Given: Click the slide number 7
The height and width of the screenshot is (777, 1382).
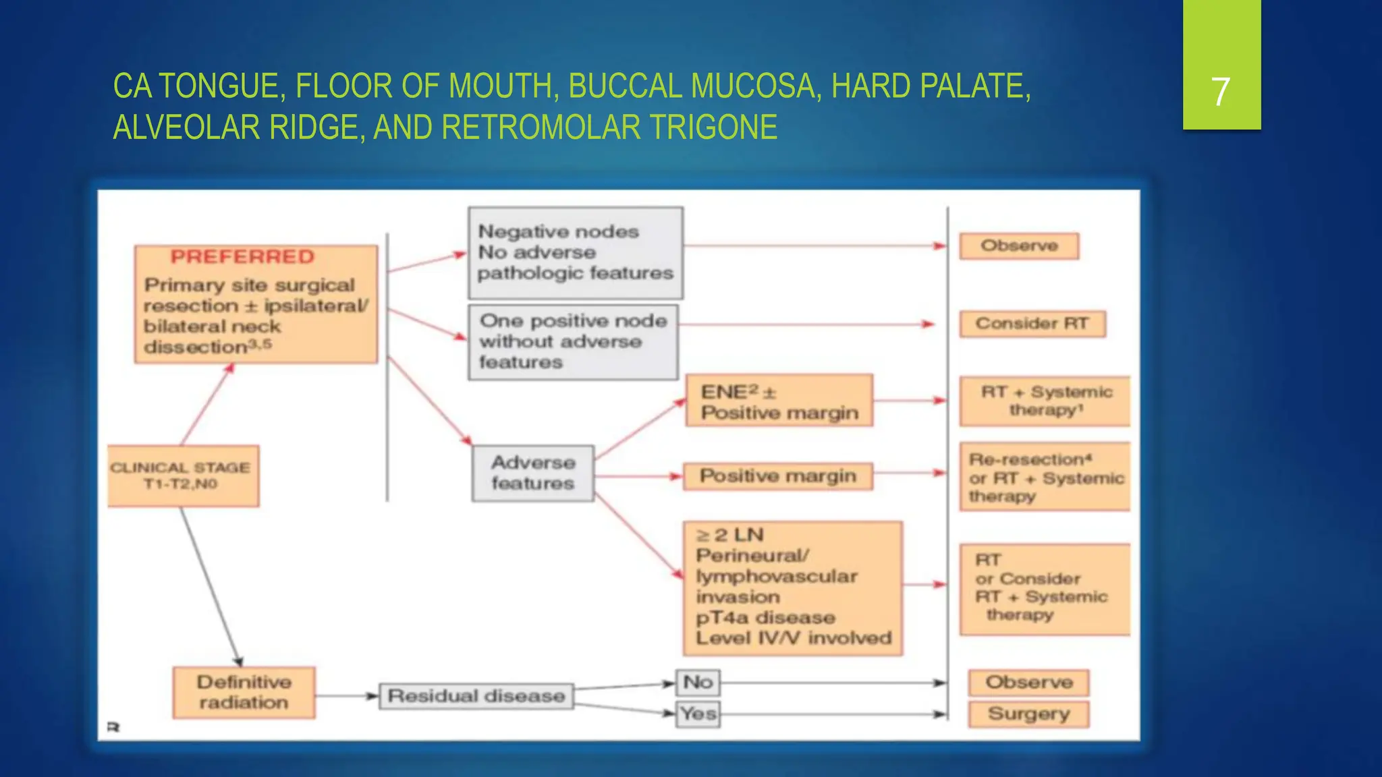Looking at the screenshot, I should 1220,92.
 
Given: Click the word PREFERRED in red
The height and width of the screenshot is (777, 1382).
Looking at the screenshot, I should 242,257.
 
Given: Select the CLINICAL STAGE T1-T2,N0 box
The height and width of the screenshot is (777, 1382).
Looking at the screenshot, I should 183,476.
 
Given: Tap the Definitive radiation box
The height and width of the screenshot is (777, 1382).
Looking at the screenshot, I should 244,692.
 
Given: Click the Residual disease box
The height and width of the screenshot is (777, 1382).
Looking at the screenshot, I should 476,695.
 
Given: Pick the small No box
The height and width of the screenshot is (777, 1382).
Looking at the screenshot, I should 698,682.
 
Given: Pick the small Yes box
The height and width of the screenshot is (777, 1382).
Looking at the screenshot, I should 698,714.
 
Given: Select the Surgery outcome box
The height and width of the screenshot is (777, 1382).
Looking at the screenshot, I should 1028,714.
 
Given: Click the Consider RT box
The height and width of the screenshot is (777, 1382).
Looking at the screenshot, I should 1032,324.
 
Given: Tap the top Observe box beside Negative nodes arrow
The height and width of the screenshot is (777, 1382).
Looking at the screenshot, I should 1019,246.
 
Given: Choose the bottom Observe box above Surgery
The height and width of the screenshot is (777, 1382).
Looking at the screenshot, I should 1028,682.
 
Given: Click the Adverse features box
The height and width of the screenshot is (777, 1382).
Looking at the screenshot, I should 533,473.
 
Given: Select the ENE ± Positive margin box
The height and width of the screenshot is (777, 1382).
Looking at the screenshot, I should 779,401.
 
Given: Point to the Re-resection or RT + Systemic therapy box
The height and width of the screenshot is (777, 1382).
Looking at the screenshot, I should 1045,477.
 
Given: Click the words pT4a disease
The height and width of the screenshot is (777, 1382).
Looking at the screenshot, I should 765,617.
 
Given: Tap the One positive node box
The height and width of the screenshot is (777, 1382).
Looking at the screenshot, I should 573,342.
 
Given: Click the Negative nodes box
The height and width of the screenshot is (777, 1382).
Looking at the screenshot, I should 575,253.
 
